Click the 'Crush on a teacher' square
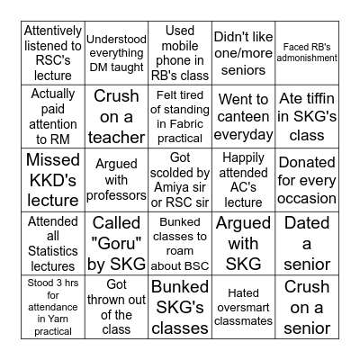(117, 116)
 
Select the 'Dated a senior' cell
(307, 243)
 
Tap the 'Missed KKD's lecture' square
(53, 179)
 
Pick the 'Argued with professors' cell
(117, 179)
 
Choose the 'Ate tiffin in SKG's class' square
(307, 116)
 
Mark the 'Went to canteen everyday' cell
(244, 116)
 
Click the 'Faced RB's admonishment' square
(307, 52)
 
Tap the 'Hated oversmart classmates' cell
(244, 306)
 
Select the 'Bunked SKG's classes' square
(180, 306)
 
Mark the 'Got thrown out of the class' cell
(117, 306)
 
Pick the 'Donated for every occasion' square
(307, 179)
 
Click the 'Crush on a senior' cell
(307, 306)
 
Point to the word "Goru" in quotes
(117, 243)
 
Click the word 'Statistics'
(53, 251)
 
